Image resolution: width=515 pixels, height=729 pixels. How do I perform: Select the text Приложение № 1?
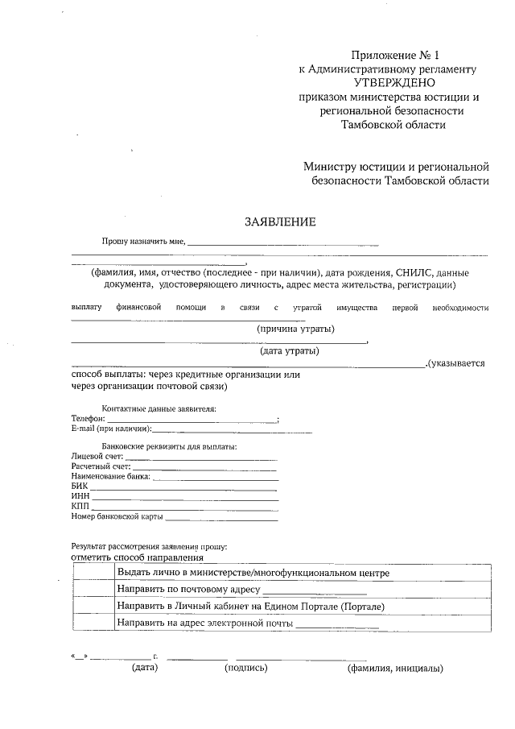click(x=397, y=55)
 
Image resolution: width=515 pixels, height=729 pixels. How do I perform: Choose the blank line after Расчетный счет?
click(x=204, y=466)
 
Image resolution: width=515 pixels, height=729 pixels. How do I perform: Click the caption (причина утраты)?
click(x=295, y=329)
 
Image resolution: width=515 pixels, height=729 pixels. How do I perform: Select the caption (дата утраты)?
click(x=289, y=350)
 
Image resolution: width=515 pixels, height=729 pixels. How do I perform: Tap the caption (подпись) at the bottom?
click(x=245, y=668)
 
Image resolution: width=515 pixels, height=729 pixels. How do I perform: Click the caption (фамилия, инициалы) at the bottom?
click(x=395, y=668)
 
